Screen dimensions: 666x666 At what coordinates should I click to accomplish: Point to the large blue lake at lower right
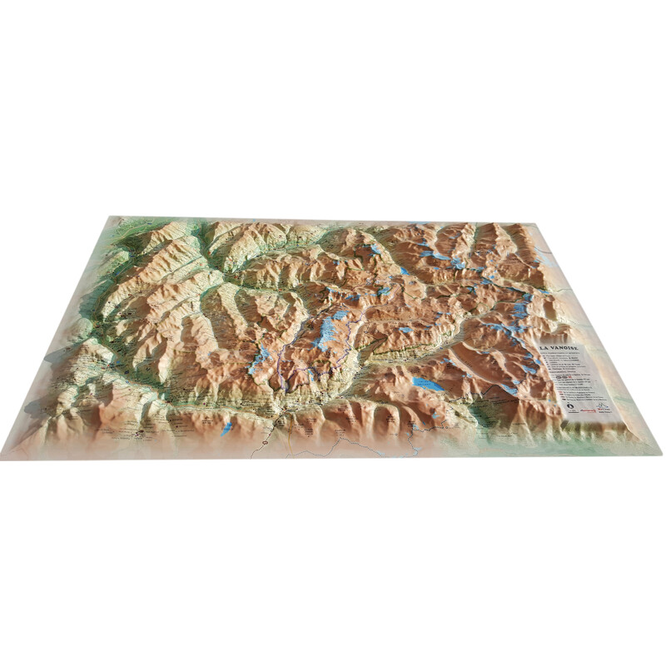click(428, 384)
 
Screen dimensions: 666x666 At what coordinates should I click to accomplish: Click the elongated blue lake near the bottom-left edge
click(226, 429)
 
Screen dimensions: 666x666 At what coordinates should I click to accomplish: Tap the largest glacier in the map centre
click(329, 330)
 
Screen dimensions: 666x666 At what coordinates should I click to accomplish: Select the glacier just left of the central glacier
click(261, 359)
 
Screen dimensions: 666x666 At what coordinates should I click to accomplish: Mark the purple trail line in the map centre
click(300, 366)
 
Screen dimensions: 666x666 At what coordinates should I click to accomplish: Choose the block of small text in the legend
click(574, 375)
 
